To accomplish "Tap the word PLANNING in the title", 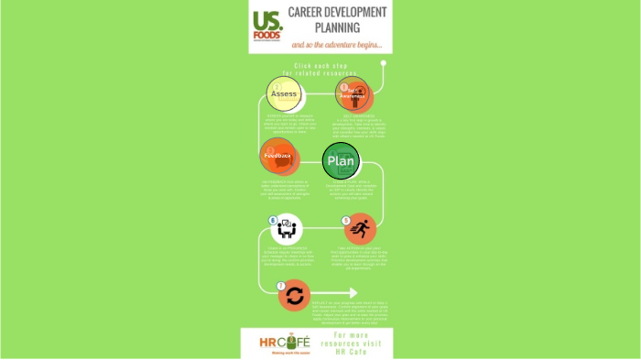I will pyautogui.click(x=336, y=27).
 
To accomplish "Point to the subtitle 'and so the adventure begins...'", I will pyautogui.click(x=336, y=45).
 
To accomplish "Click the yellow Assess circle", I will pyautogui.click(x=284, y=93).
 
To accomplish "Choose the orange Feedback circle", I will pyautogui.click(x=277, y=156).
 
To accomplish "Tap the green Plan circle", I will pyautogui.click(x=341, y=160).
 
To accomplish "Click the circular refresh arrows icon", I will pyautogui.click(x=294, y=295).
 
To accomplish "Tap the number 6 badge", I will pyautogui.click(x=272, y=220).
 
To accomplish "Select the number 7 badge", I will pyautogui.click(x=280, y=285).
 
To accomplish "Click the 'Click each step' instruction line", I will pyautogui.click(x=320, y=65).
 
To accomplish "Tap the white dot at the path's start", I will pyautogui.click(x=383, y=64).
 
